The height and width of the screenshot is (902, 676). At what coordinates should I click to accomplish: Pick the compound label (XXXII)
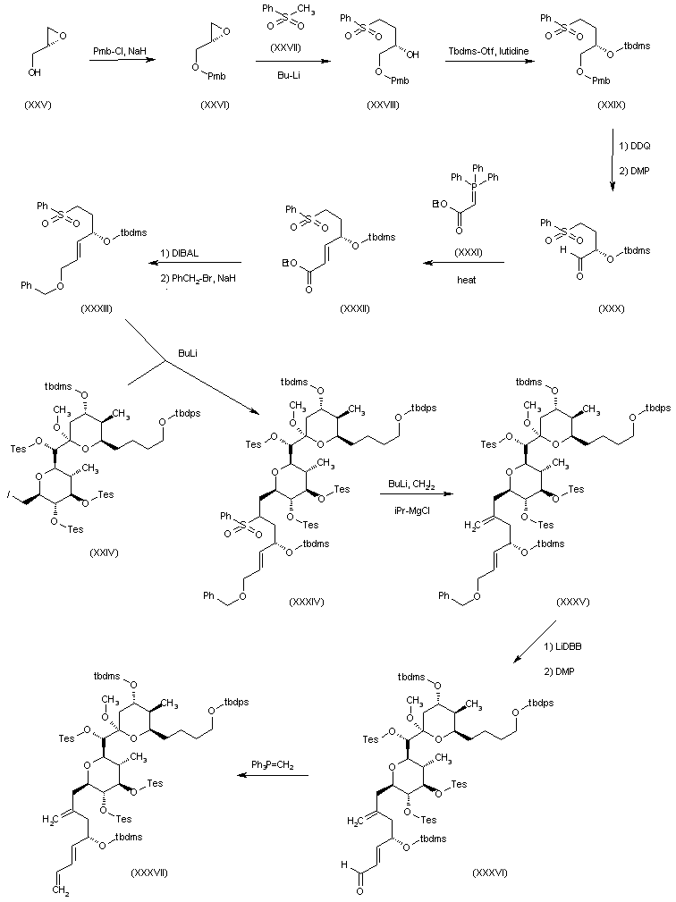pyautogui.click(x=356, y=308)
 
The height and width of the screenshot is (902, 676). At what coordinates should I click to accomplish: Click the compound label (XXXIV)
pyautogui.click(x=306, y=603)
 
